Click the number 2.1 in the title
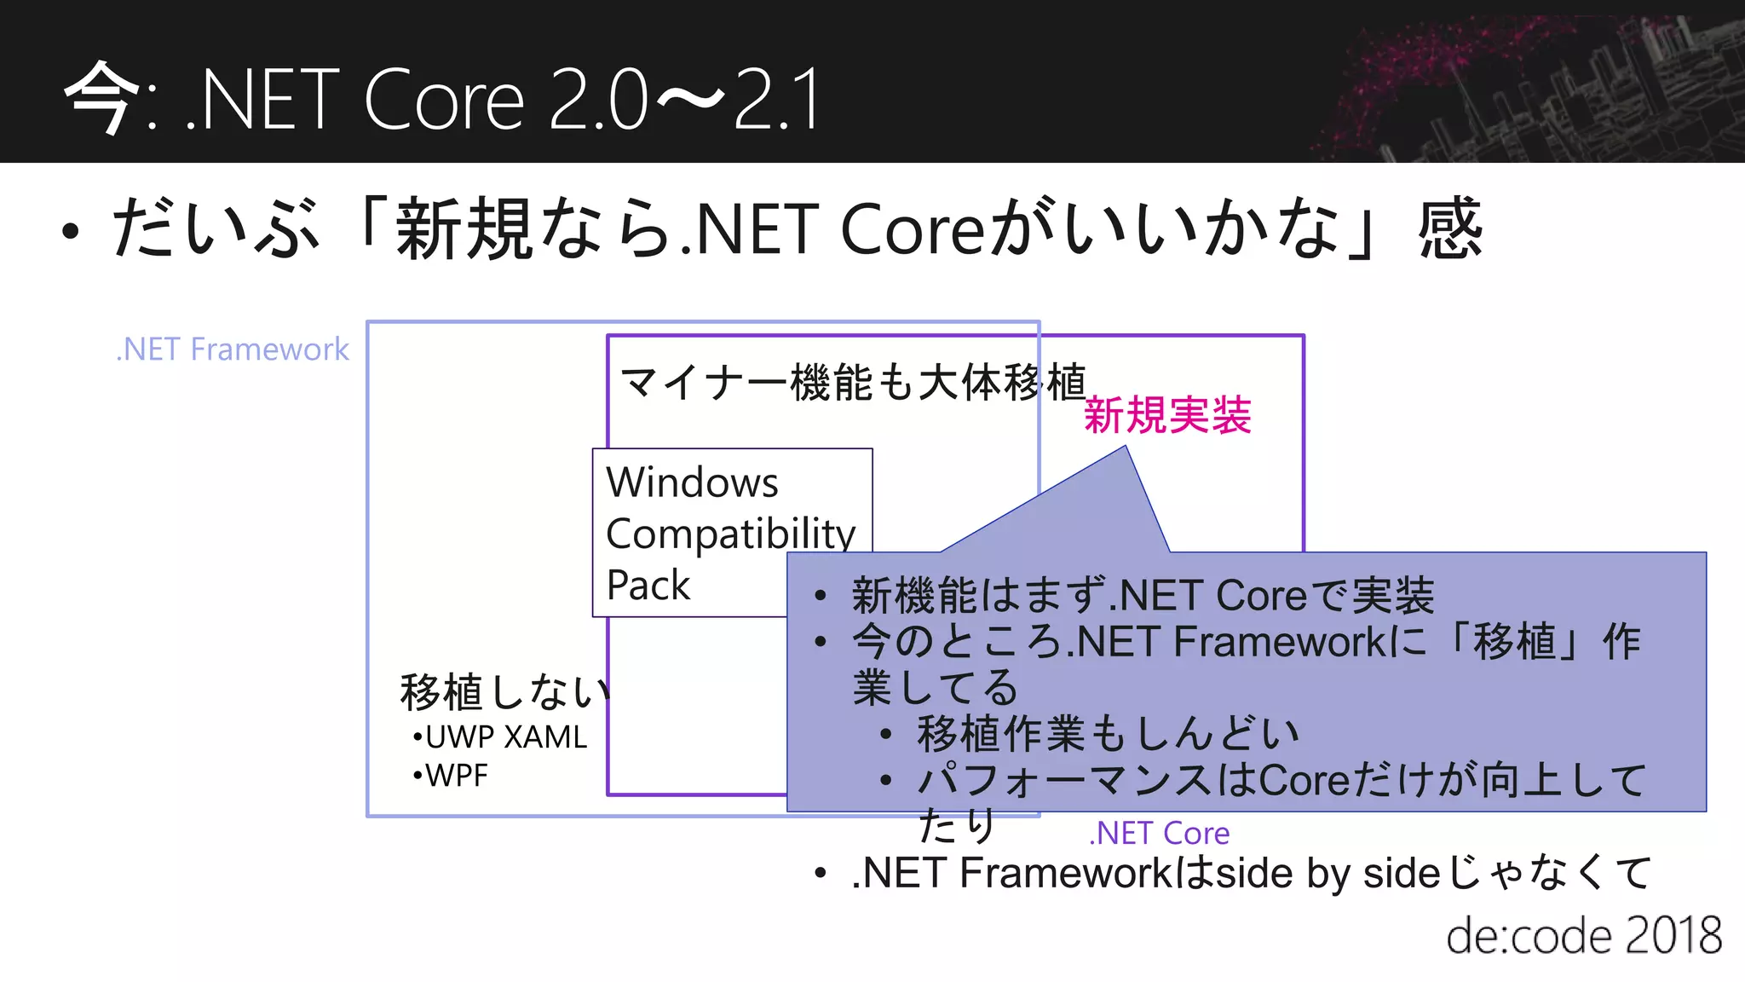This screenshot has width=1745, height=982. pyautogui.click(x=775, y=101)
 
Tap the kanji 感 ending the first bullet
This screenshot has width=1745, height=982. pyautogui.click(x=1450, y=228)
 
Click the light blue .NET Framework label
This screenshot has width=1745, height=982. pyautogui.click(x=233, y=349)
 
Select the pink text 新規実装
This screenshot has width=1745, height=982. pyautogui.click(x=1167, y=416)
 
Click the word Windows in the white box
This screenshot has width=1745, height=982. pyautogui.click(x=692, y=482)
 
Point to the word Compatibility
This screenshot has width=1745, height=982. pyautogui.click(x=730, y=534)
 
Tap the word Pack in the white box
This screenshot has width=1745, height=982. pyautogui.click(x=648, y=586)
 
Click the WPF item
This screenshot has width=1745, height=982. pyautogui.click(x=456, y=776)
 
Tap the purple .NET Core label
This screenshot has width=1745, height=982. pyautogui.click(x=1160, y=833)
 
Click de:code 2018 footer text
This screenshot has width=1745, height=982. pyautogui.click(x=1583, y=936)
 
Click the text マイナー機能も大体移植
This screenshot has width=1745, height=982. pyautogui.click(x=852, y=382)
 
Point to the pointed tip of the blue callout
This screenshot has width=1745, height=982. pyautogui.click(x=1126, y=448)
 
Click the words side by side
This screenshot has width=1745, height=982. pyautogui.click(x=1327, y=874)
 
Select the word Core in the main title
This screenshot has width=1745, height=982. pyautogui.click(x=443, y=101)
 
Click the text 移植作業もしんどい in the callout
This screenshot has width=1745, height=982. pyautogui.click(x=1108, y=734)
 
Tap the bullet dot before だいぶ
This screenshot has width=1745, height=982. pyautogui.click(x=71, y=231)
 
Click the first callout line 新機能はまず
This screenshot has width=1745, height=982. pyautogui.click(x=1142, y=595)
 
